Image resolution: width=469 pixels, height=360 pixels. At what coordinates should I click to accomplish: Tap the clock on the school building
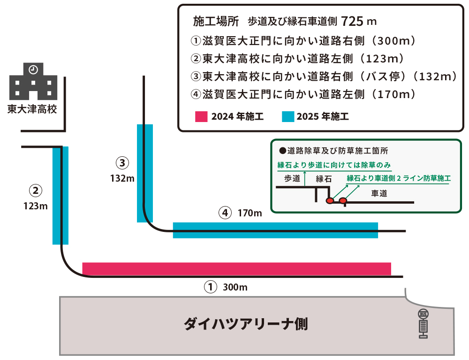33,69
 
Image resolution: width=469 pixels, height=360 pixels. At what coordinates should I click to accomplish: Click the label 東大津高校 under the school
32,109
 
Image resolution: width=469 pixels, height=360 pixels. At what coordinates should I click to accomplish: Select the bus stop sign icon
423,324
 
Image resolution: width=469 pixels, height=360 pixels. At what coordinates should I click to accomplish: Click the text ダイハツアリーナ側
245,324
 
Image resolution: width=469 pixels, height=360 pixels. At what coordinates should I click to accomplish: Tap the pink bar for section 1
236,268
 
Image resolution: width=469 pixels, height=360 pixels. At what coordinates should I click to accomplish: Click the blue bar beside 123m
61,195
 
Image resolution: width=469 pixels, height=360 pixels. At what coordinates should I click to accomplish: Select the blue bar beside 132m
144,173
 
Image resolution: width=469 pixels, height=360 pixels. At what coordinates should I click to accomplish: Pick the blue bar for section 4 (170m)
275,230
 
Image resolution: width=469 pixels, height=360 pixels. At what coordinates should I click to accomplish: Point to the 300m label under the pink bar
235,286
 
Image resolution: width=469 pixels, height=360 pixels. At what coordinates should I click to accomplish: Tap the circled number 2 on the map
36,191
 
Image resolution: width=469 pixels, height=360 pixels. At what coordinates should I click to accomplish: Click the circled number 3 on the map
122,163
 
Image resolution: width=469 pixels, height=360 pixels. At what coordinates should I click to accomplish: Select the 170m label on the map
250,213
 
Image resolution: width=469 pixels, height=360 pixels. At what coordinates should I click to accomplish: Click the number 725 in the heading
352,21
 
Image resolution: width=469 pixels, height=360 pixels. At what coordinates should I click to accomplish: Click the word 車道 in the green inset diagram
379,193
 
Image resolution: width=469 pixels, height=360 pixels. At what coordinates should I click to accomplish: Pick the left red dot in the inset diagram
330,201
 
